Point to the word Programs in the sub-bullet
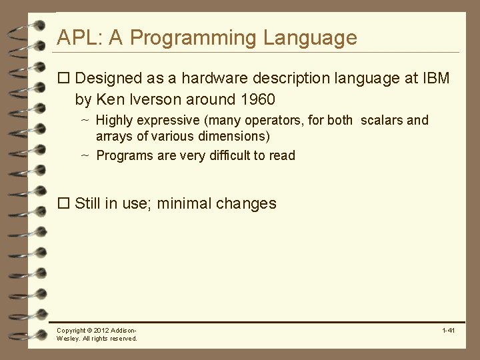point(121,155)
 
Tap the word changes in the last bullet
point(246,203)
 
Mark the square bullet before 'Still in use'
point(64,203)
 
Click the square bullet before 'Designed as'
point(64,79)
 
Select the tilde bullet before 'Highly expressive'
point(85,121)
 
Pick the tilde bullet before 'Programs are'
point(85,155)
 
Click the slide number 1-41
point(448,331)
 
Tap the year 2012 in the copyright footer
point(101,331)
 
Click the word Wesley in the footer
point(68,339)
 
